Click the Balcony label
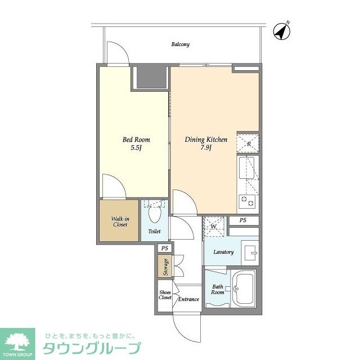pos(181,44)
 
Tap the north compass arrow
pos(281,31)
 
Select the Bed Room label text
pos(137,139)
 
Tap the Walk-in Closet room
pos(119,221)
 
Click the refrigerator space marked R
pos(248,143)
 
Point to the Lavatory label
pos(223,252)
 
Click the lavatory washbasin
pos(250,251)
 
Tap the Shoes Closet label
pos(165,295)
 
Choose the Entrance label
pos(188,299)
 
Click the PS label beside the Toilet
pos(164,248)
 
